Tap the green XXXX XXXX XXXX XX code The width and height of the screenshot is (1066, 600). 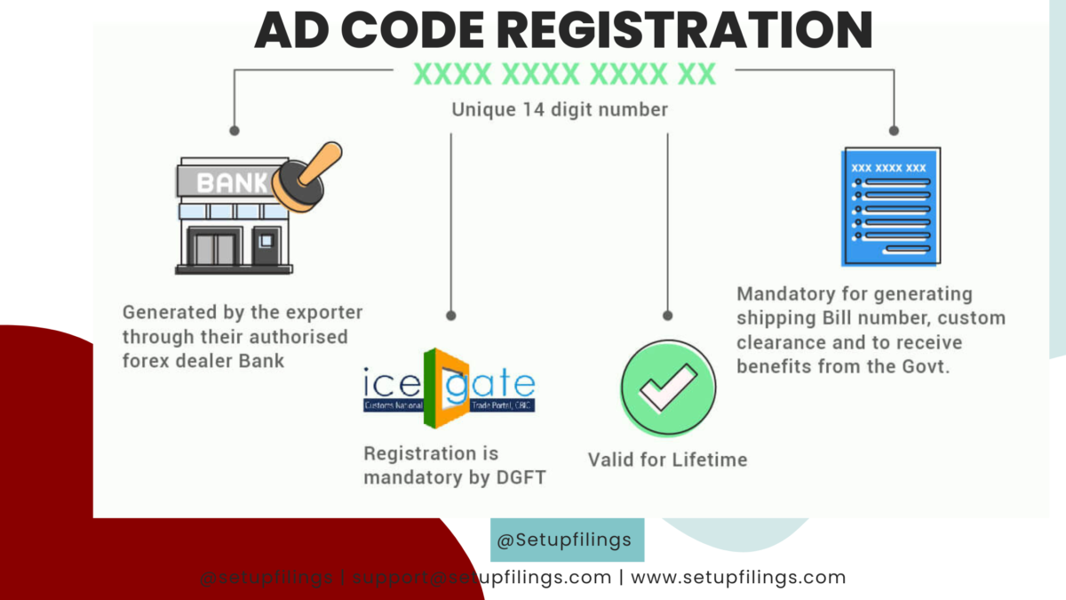point(565,75)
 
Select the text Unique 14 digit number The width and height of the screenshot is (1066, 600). point(560,110)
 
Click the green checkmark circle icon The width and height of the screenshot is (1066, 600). point(667,388)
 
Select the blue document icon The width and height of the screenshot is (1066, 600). point(890,207)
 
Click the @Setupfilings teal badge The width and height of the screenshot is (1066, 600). point(567,540)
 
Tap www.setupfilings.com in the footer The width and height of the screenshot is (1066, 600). point(738,578)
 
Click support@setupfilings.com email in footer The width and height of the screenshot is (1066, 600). point(482,578)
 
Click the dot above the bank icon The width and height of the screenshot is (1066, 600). point(234,130)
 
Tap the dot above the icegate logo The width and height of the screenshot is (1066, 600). point(451,316)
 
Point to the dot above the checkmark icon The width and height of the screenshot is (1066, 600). point(667,316)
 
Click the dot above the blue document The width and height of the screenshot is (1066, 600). point(894,130)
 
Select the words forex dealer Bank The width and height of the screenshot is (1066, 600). point(203,361)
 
